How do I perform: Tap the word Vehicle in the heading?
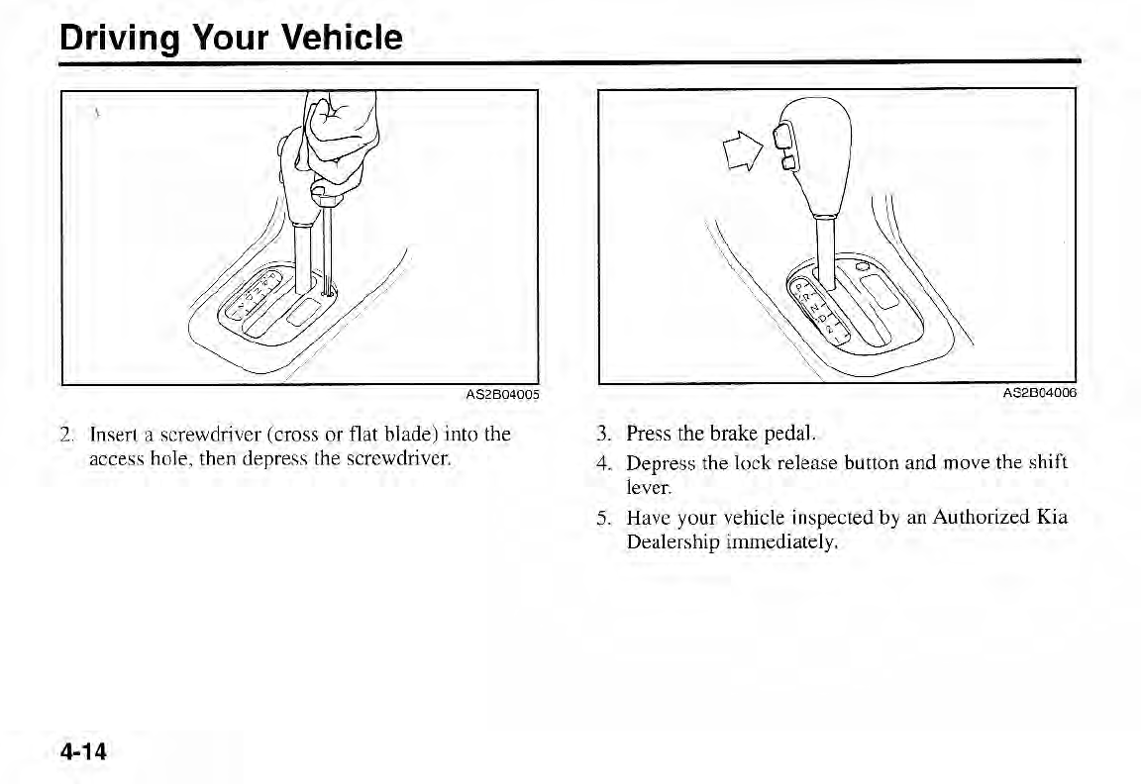(x=342, y=38)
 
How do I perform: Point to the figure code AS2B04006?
(x=1039, y=393)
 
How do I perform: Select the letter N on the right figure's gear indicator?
(x=821, y=313)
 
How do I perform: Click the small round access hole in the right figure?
(x=863, y=265)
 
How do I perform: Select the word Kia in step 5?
(x=1053, y=518)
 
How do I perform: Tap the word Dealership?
(x=673, y=542)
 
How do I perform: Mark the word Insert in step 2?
(x=112, y=435)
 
